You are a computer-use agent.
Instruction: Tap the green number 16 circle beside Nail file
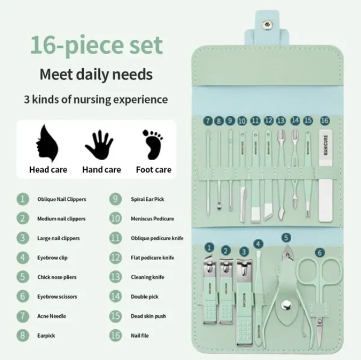click(116, 336)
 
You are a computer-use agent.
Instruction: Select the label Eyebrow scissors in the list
click(56, 297)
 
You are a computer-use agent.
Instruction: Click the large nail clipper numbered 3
click(245, 296)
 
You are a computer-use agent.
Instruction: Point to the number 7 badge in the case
click(208, 120)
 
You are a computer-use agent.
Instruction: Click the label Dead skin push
click(148, 316)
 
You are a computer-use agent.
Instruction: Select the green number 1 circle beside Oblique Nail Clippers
click(23, 199)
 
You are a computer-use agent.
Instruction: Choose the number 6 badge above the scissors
click(320, 252)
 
